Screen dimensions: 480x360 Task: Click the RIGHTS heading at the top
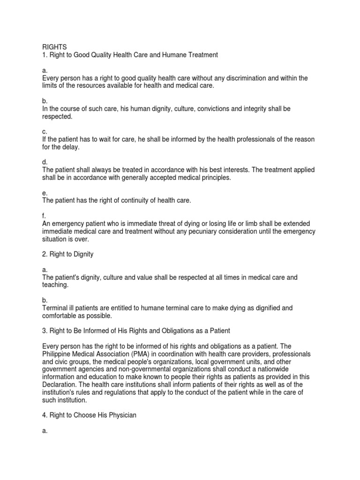pos(54,47)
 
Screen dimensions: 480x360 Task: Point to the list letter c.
pos(45,132)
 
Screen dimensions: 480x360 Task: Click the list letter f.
pos(44,216)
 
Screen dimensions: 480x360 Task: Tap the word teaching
pos(55,285)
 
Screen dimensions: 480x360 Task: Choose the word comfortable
pos(62,316)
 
